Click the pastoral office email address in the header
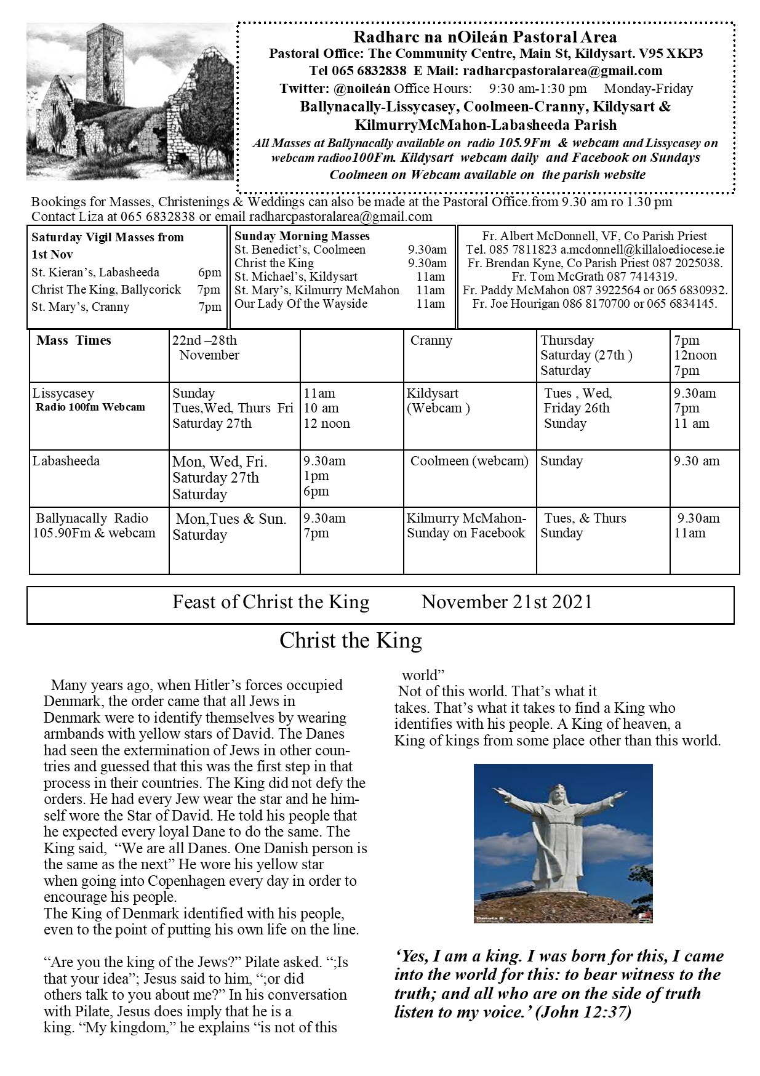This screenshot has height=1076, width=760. pyautogui.click(x=562, y=71)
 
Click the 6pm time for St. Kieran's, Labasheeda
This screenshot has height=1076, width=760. pyautogui.click(x=214, y=273)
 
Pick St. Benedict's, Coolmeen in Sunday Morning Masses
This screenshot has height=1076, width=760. pyautogui.click(x=300, y=250)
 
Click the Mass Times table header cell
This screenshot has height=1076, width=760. pyautogui.click(x=74, y=340)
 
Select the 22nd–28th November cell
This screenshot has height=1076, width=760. pyautogui.click(x=206, y=348)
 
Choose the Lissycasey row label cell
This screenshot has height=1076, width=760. pyautogui.click(x=63, y=393)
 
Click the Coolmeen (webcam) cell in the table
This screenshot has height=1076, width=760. pyautogui.click(x=469, y=461)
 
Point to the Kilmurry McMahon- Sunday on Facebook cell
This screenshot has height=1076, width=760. pyautogui.click(x=466, y=526)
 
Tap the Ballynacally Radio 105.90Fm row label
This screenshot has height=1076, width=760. pyautogui.click(x=94, y=526)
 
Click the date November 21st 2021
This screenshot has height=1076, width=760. pyautogui.click(x=506, y=602)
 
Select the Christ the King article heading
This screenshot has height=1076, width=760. pyautogui.click(x=351, y=641)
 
